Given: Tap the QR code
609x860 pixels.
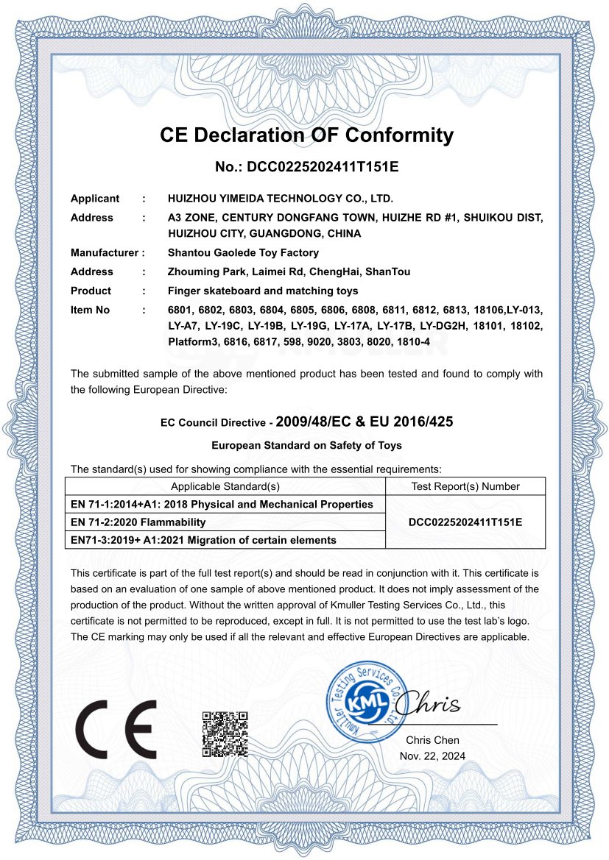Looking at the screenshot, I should (225, 734).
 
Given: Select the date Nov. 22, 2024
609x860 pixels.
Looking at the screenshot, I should (432, 756).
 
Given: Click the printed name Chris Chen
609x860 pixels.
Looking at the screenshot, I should (432, 740).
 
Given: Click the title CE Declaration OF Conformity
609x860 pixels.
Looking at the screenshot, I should (306, 135).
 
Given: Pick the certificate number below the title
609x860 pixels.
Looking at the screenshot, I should (306, 167).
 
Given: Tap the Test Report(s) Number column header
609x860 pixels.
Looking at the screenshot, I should (465, 486).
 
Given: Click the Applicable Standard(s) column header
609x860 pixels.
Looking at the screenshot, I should (225, 486).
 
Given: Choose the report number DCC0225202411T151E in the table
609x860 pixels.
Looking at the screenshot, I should (465, 522).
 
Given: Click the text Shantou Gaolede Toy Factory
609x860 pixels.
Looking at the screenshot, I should (243, 253).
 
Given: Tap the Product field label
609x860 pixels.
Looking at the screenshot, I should (91, 291).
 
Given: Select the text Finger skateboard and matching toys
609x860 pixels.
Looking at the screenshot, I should (263, 291).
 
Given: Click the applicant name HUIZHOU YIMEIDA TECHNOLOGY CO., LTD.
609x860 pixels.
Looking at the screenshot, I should (281, 199).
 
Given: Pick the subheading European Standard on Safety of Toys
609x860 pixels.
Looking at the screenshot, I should (306, 446).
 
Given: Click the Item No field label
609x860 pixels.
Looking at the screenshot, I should (90, 310).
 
